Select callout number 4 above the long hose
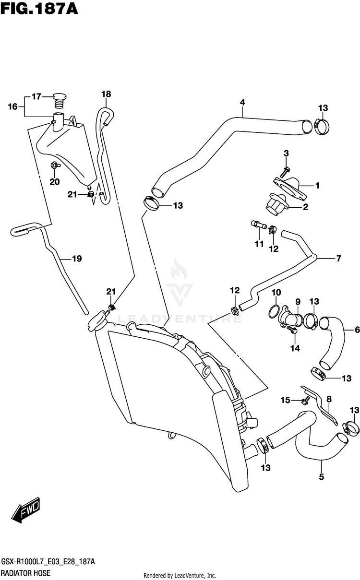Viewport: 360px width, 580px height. tap(242, 103)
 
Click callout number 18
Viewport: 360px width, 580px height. tap(106, 94)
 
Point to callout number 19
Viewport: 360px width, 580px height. tap(77, 259)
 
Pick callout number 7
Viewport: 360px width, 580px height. tap(339, 258)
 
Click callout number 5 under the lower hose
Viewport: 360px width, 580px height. tap(322, 477)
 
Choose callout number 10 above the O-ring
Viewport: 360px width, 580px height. tap(276, 293)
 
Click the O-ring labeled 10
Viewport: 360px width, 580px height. tap(274, 311)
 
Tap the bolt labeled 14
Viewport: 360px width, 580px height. tap(292, 330)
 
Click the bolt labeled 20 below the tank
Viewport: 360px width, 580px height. tap(55, 165)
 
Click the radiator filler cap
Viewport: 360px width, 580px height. tap(96, 321)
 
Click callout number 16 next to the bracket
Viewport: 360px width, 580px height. tap(12, 107)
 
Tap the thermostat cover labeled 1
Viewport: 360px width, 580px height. tap(290, 189)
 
